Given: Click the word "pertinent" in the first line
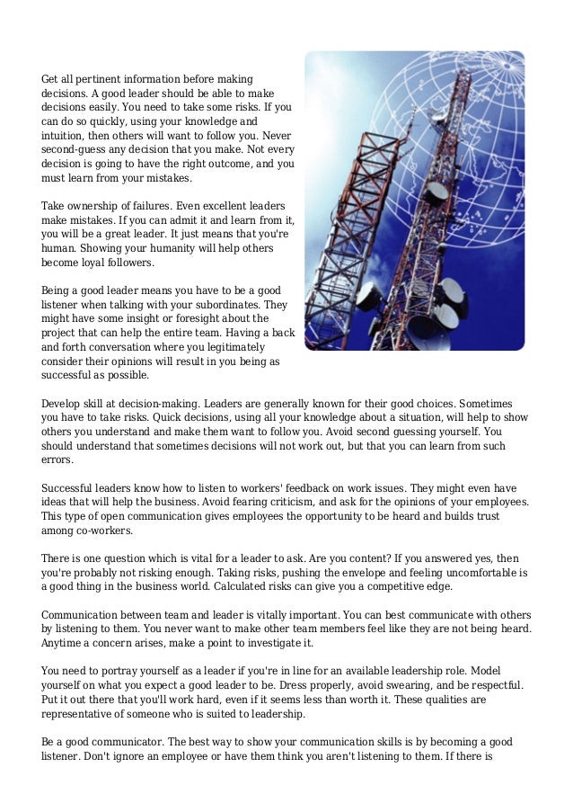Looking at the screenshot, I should [x=98, y=79].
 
